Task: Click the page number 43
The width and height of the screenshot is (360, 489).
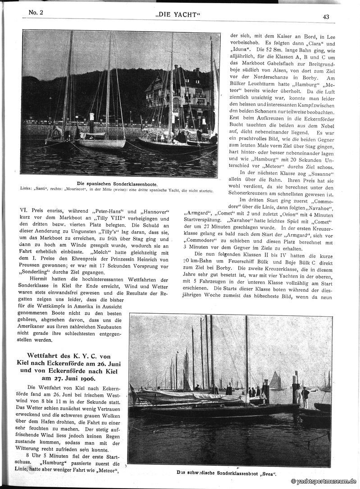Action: tap(326, 17)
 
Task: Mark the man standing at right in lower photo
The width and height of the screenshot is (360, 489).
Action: tap(306, 397)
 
